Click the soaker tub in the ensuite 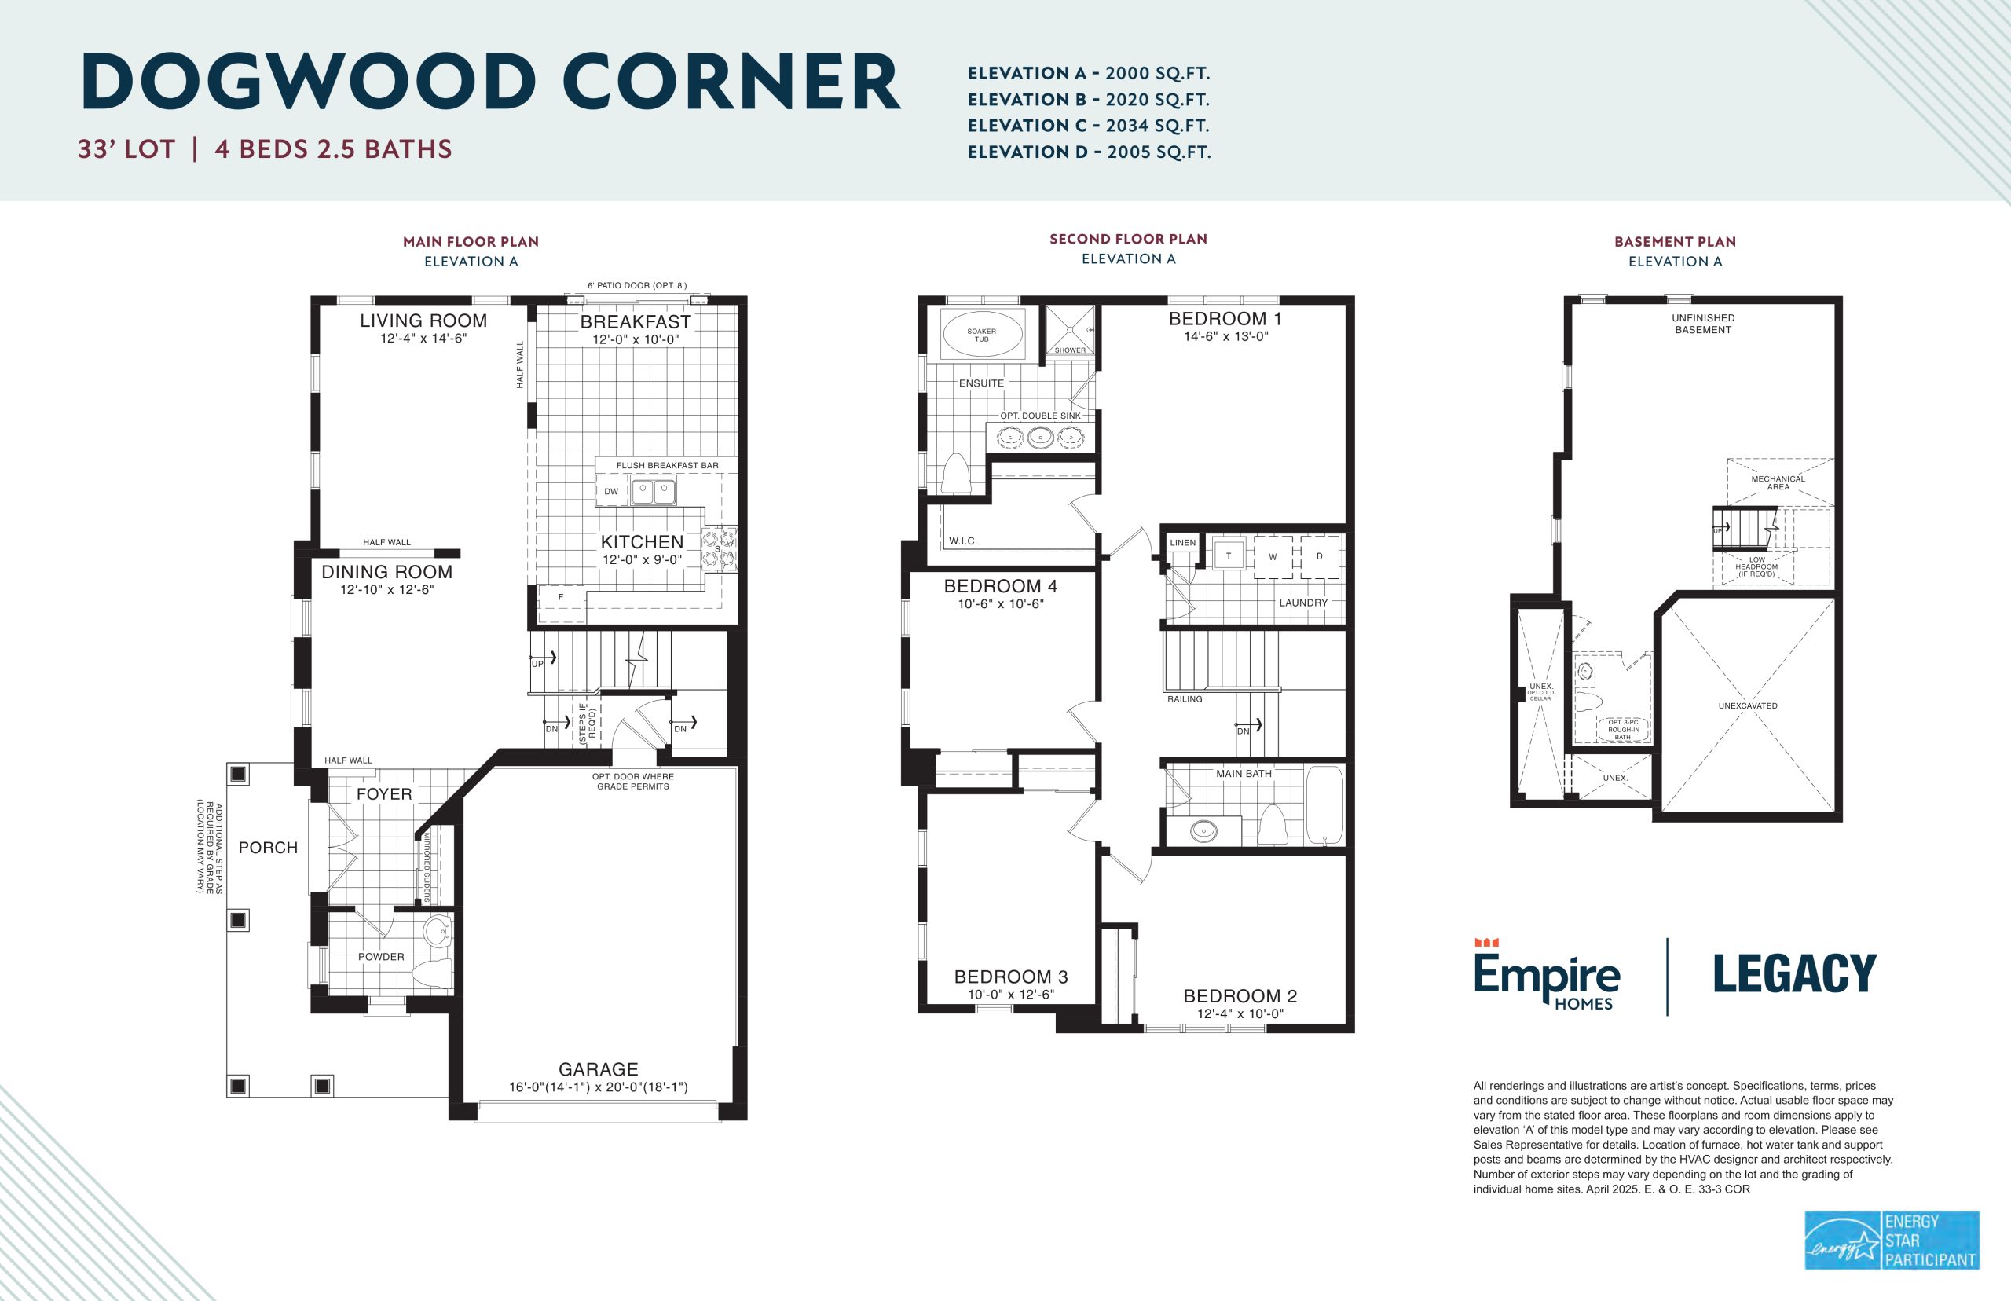(x=981, y=334)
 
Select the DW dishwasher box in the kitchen (x=611, y=491)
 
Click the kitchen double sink (x=654, y=491)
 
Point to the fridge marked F (x=561, y=597)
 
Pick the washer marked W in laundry (x=1273, y=557)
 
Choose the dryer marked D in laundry (x=1319, y=557)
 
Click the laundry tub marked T (x=1228, y=555)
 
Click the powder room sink (x=438, y=933)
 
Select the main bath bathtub (x=1324, y=805)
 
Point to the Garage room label (x=598, y=1068)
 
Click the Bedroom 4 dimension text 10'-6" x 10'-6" (x=1001, y=604)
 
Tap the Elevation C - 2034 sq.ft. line (x=1088, y=126)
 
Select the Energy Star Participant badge (x=1892, y=1241)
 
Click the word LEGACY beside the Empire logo (x=1795, y=973)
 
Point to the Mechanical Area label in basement (x=1778, y=482)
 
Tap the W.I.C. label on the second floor (x=963, y=541)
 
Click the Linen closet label (x=1182, y=542)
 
